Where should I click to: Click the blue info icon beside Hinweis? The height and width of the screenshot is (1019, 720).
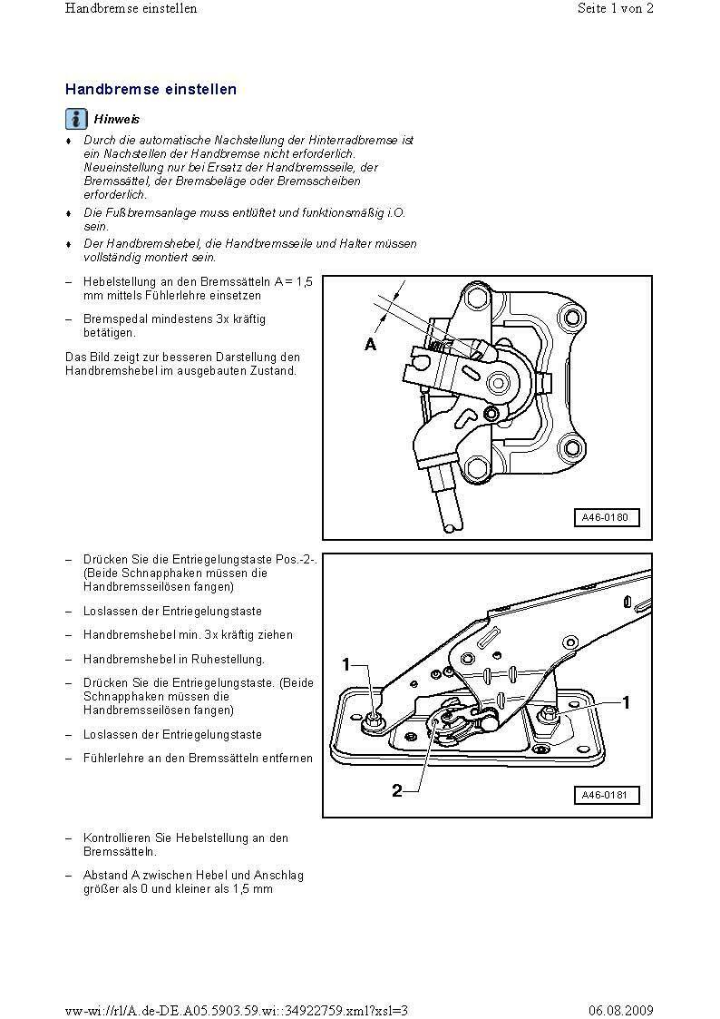tap(76, 119)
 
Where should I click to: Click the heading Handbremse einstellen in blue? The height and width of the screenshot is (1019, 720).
tap(151, 90)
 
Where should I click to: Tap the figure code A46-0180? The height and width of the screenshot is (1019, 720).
tap(606, 518)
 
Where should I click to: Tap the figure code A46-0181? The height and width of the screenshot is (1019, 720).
tap(606, 796)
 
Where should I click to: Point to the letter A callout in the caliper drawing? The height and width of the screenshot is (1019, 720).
tap(370, 345)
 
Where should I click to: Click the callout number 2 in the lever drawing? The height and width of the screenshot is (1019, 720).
tap(397, 790)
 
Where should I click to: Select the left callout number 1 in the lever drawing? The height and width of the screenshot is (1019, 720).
tap(345, 665)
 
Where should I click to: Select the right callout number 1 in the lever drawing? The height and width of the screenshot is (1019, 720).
tap(626, 701)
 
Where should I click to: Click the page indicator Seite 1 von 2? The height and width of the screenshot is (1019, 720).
tap(615, 9)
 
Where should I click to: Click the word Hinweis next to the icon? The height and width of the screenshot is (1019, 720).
tap(117, 119)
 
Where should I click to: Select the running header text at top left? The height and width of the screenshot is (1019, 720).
tap(131, 9)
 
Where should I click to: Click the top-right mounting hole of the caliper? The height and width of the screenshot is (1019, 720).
tap(570, 317)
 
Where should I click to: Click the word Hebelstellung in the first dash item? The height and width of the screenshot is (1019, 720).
tap(117, 281)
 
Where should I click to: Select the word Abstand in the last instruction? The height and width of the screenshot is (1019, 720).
tap(102, 876)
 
